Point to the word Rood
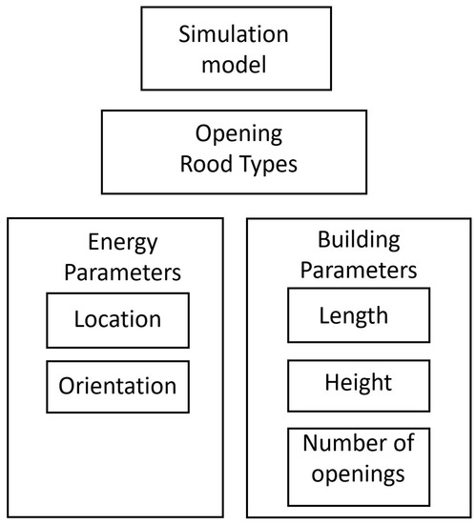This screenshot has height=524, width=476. pos(200,164)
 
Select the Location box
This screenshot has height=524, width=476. pos(116,318)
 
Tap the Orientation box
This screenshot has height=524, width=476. pos(116,387)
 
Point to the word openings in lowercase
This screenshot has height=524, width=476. pos(353,473)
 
